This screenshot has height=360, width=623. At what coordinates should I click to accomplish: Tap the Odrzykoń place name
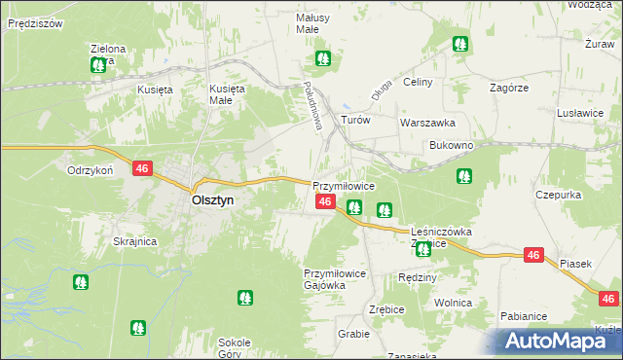[x=92, y=169]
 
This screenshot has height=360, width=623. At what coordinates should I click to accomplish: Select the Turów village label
[x=355, y=121]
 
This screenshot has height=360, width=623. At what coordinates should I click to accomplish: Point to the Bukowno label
[x=451, y=145]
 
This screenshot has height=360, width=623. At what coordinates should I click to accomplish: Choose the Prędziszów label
[x=34, y=22]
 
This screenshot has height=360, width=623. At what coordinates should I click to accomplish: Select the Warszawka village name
[x=427, y=124]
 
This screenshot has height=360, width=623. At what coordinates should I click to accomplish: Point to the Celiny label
[x=417, y=82]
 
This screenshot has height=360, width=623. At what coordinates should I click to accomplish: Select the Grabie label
[x=354, y=334]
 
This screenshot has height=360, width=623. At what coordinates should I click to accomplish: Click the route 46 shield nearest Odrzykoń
[x=142, y=168]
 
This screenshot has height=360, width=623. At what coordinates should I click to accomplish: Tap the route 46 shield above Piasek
[x=532, y=254]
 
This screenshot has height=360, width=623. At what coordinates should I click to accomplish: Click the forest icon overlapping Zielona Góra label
[x=98, y=65]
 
